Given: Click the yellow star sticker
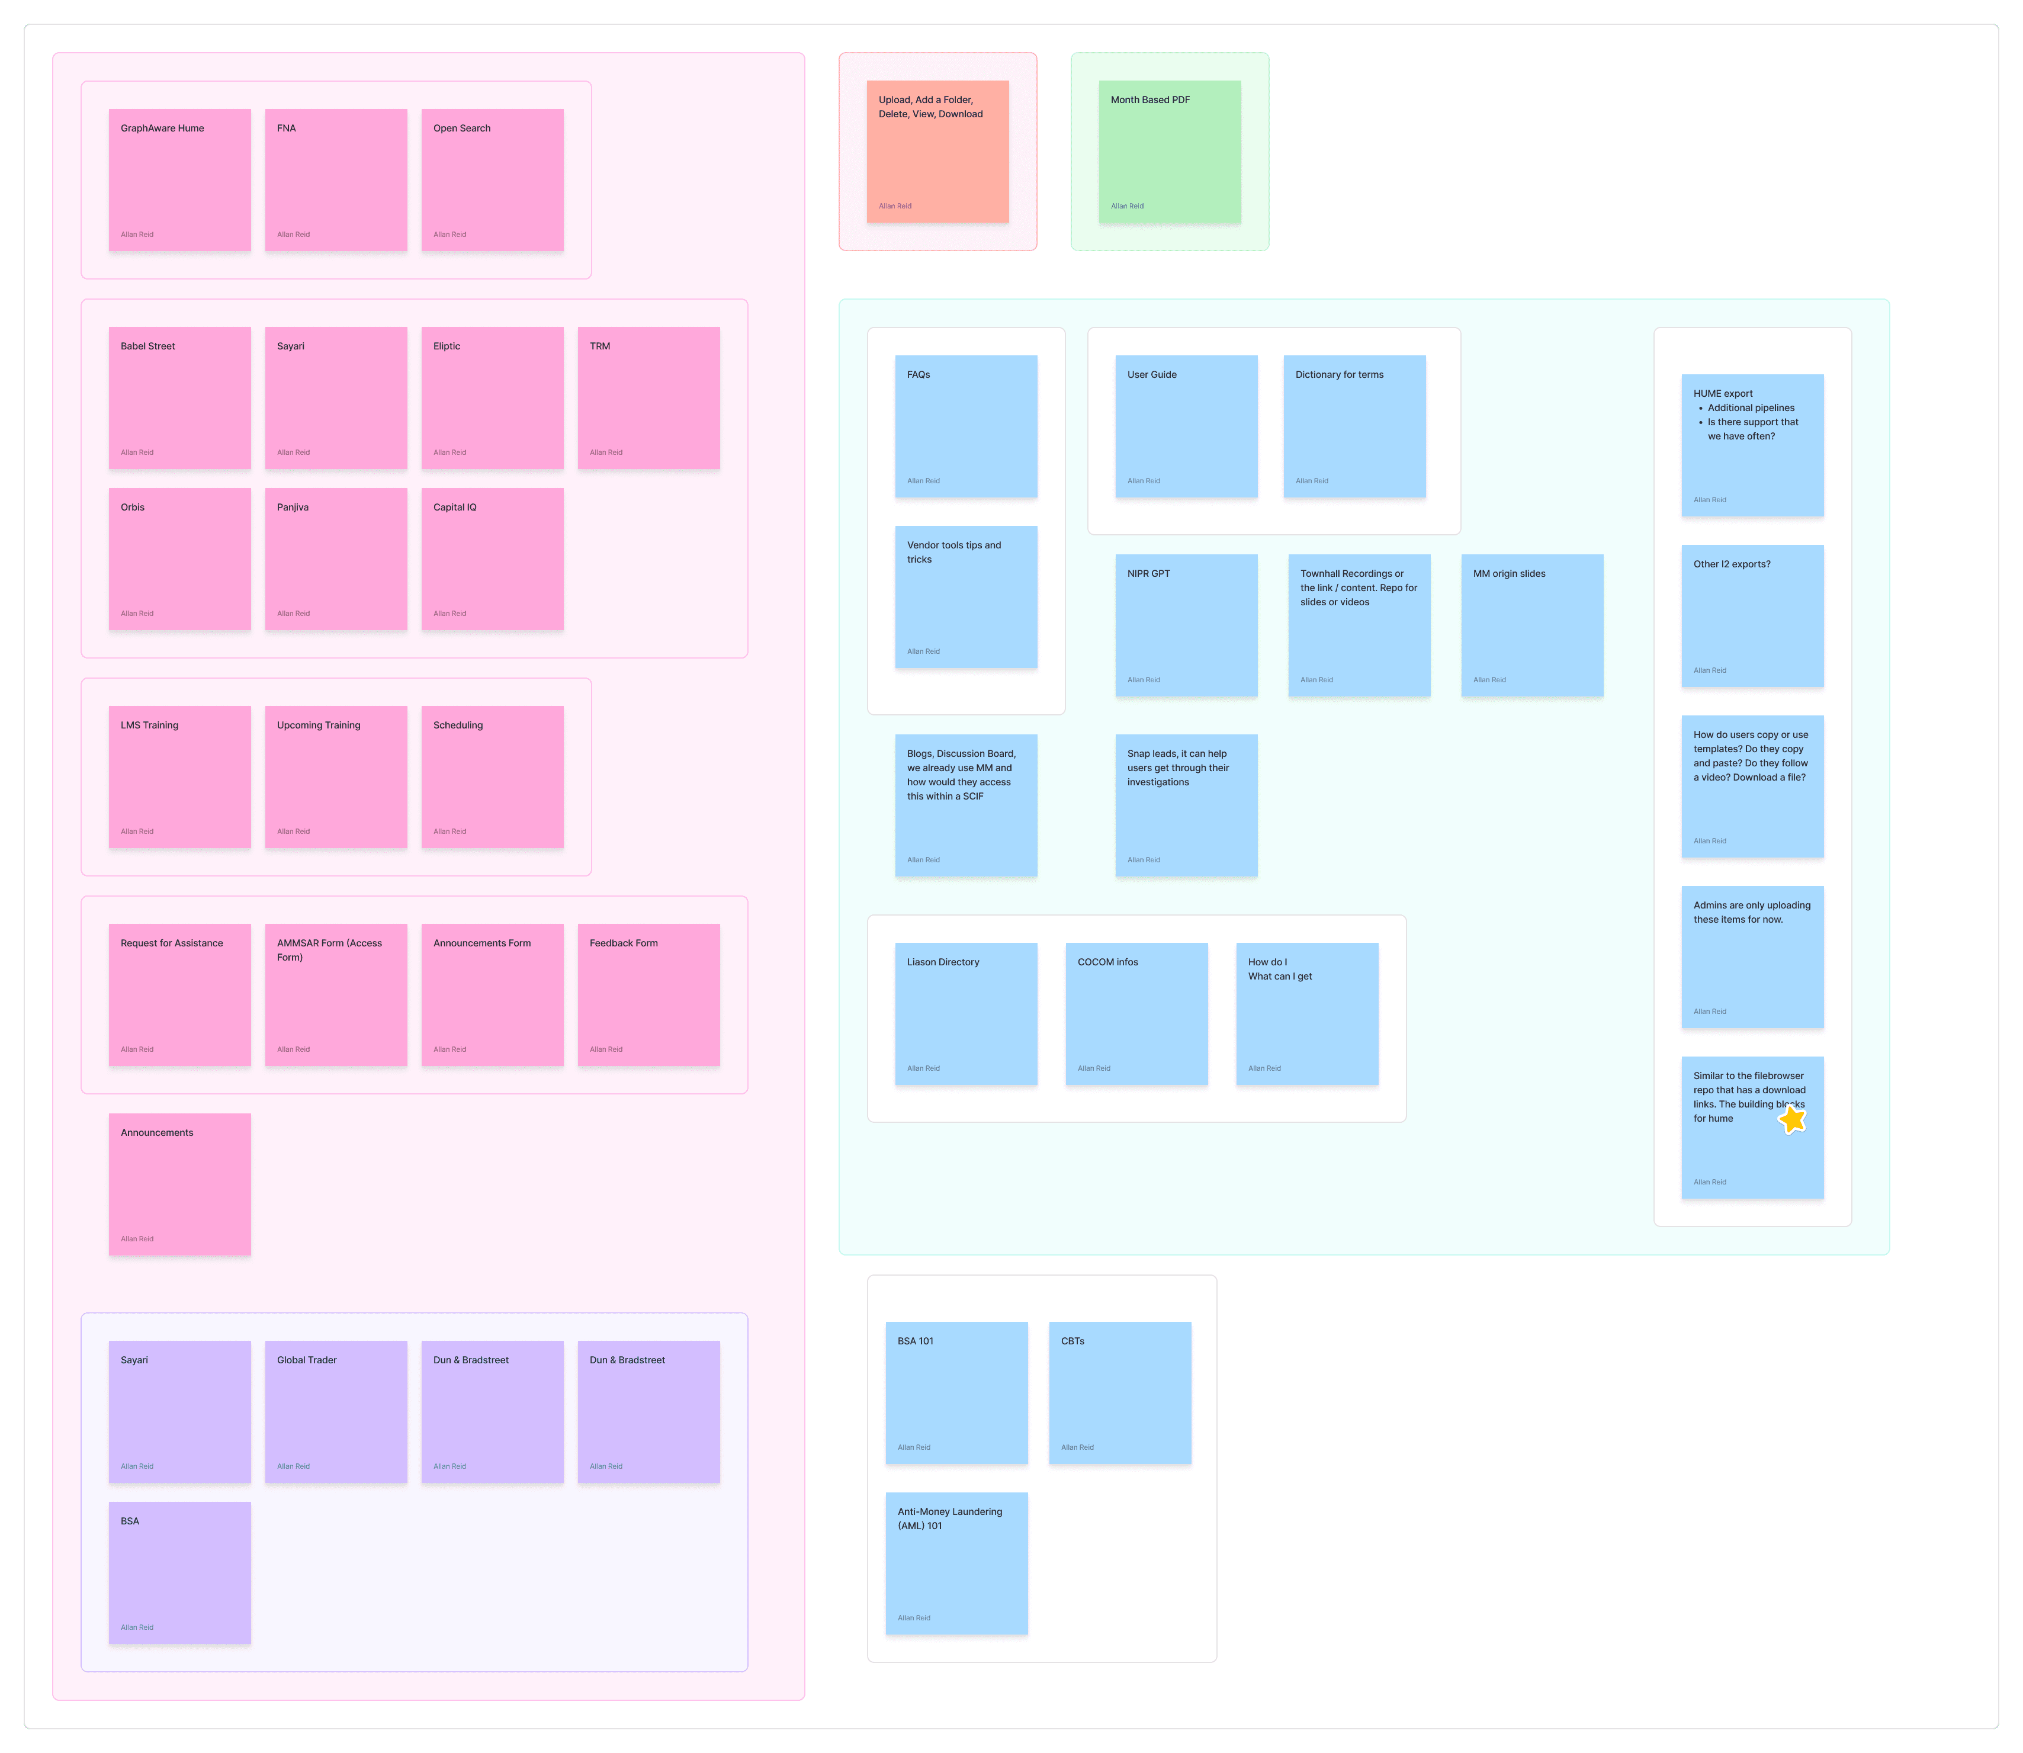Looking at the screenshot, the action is click(x=1792, y=1118).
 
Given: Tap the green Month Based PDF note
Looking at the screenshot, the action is click(x=1169, y=152).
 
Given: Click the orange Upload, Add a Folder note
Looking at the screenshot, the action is click(x=937, y=152).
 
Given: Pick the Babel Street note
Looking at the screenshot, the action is click(x=179, y=397).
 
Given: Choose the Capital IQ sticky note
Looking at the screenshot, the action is click(x=492, y=558).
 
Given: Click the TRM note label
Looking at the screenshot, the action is click(x=600, y=346).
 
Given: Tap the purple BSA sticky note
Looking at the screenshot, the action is click(x=179, y=1572).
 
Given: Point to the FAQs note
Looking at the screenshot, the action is click(x=965, y=426).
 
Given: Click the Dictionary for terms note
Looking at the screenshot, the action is click(x=1354, y=426).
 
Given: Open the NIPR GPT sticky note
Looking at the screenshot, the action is click(x=1186, y=625).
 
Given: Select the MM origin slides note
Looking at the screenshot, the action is click(x=1532, y=625).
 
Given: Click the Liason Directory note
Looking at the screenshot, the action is click(x=965, y=1013).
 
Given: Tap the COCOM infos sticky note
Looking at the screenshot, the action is click(x=1136, y=1013).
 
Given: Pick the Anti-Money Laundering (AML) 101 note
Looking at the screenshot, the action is click(x=956, y=1562).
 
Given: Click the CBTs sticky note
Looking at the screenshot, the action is click(x=1119, y=1392).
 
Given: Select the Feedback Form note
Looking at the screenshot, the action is click(x=648, y=994).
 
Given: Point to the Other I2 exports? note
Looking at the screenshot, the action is click(x=1752, y=615).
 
